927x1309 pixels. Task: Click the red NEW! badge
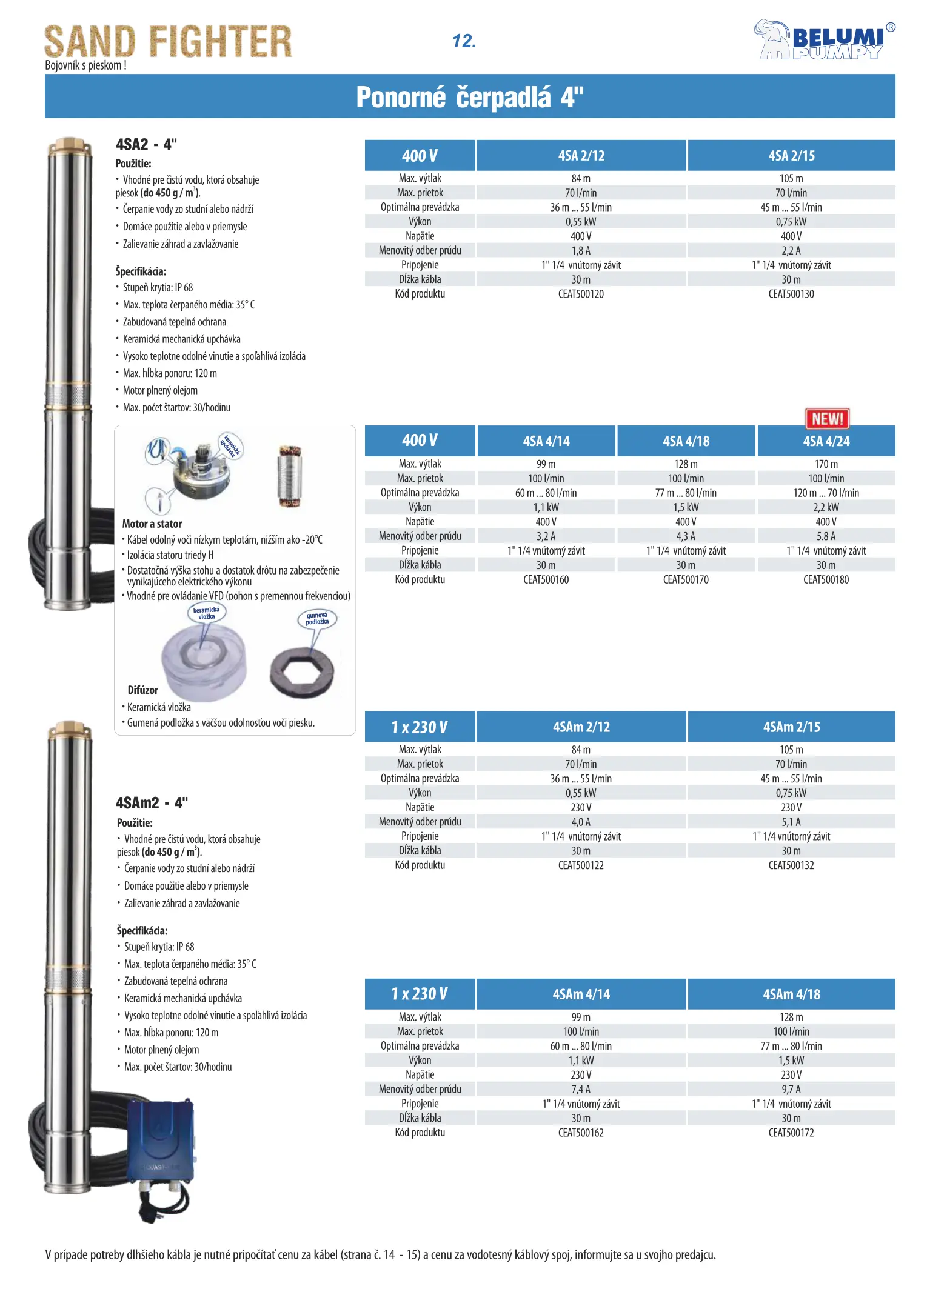click(827, 418)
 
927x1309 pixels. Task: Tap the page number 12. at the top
click(464, 41)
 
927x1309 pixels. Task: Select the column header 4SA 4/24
click(826, 441)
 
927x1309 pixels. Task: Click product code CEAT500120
click(580, 294)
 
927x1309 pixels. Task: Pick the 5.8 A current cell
click(826, 536)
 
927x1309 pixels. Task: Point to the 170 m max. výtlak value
click(826, 464)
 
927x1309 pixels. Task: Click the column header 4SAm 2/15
click(791, 727)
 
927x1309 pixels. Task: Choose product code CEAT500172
click(791, 1133)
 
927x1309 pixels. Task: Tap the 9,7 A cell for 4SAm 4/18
click(791, 1089)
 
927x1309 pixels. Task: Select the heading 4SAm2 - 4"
click(152, 803)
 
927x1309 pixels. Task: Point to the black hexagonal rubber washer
click(302, 673)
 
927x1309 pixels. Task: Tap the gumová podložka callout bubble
click(317, 619)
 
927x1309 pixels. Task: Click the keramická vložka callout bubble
click(206, 613)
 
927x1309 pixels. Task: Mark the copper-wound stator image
click(289, 476)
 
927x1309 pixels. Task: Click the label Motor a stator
click(152, 524)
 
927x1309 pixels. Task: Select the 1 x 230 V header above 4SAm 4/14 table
click(420, 994)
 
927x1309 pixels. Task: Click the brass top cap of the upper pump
click(70, 146)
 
